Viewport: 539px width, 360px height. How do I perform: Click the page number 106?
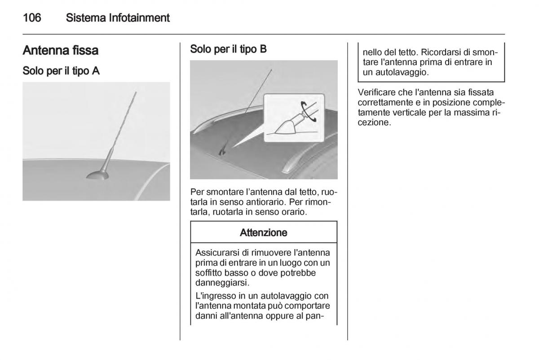click(x=32, y=18)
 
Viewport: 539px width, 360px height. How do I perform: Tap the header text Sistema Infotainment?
click(x=118, y=18)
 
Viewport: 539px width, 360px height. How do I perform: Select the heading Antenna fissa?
click(x=61, y=50)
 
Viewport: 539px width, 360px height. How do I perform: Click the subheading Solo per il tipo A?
click(x=61, y=71)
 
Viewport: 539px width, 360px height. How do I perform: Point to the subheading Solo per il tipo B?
click(x=229, y=49)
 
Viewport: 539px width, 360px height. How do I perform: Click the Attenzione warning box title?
click(x=264, y=233)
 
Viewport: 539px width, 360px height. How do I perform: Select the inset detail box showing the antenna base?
click(x=293, y=118)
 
